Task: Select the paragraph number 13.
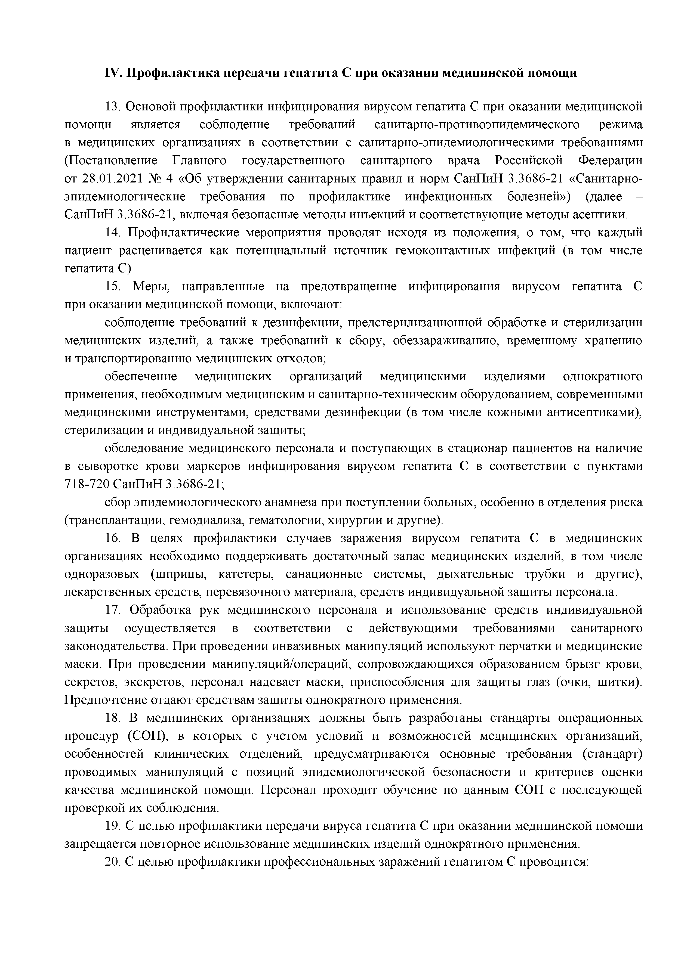click(112, 107)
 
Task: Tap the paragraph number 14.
click(112, 233)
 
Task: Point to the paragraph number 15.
click(112, 287)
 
